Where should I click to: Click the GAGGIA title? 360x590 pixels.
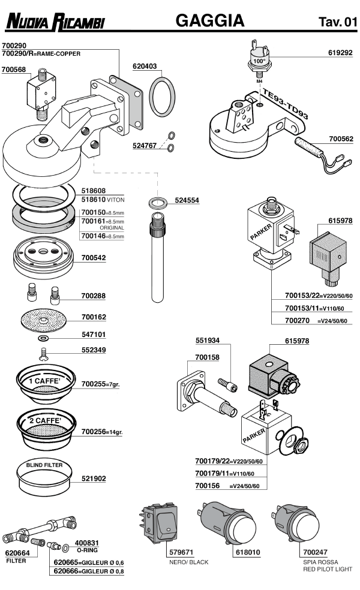click(x=209, y=21)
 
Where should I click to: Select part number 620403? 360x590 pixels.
click(x=145, y=66)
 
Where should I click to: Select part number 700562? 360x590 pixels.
click(x=340, y=139)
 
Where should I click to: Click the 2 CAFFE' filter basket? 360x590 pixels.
click(x=46, y=427)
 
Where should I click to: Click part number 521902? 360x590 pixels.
click(x=94, y=478)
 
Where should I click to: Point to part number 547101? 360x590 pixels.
click(x=94, y=336)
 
